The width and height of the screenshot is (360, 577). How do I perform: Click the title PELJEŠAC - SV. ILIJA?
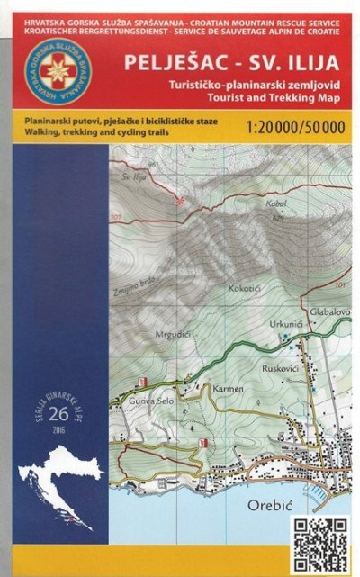click(237, 64)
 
